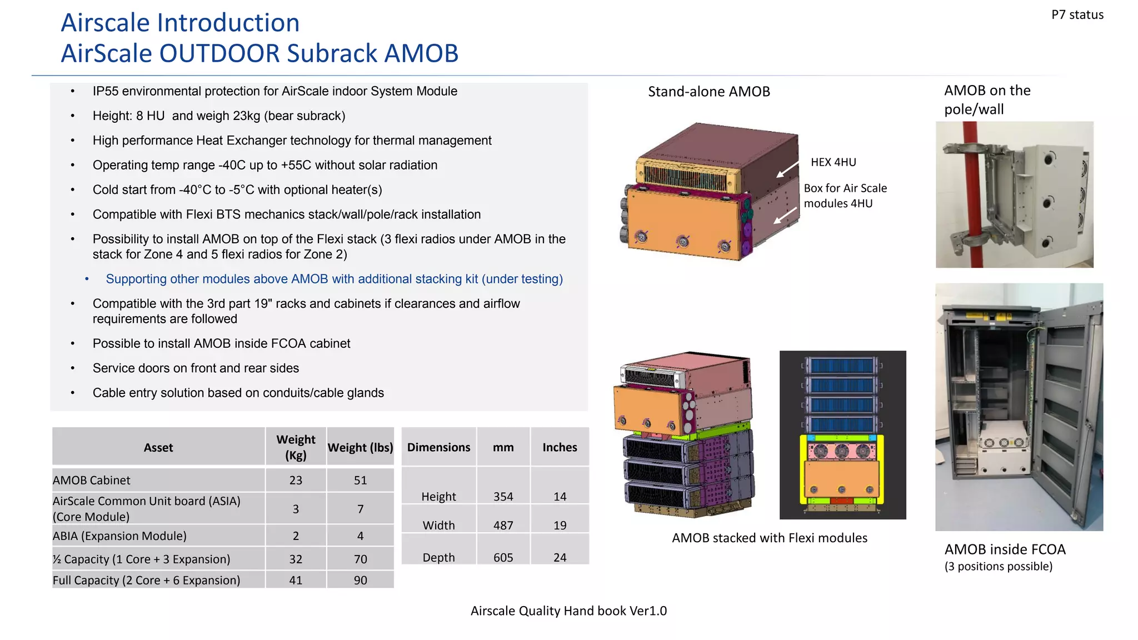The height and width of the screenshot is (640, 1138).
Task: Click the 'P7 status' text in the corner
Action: [x=1077, y=15]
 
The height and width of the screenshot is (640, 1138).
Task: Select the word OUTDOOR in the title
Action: [x=219, y=53]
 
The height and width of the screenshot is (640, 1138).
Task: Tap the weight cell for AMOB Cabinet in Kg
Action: [x=296, y=480]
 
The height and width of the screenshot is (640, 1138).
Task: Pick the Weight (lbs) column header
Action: [x=360, y=447]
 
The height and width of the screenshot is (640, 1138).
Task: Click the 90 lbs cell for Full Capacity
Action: [x=360, y=580]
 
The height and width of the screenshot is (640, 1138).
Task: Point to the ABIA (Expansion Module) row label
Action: [x=119, y=536]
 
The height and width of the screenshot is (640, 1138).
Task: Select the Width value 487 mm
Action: [x=503, y=525]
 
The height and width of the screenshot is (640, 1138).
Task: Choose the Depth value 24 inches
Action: [x=560, y=557]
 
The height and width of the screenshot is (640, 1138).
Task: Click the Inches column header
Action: [x=560, y=447]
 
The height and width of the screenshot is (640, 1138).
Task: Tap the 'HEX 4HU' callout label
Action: [x=833, y=162]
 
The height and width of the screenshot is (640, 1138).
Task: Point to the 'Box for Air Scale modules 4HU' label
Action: [x=845, y=196]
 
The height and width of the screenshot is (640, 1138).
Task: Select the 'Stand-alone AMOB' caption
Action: [x=708, y=92]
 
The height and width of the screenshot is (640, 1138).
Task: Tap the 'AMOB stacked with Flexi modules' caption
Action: [x=769, y=538]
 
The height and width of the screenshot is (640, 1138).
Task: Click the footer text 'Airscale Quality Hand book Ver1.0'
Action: [x=568, y=611]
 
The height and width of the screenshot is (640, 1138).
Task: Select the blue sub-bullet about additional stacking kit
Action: [x=334, y=279]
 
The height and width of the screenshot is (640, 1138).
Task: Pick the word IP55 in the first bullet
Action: [x=105, y=91]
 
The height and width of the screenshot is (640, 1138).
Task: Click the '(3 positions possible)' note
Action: [x=998, y=566]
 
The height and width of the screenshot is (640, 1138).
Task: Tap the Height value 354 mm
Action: [x=503, y=496]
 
